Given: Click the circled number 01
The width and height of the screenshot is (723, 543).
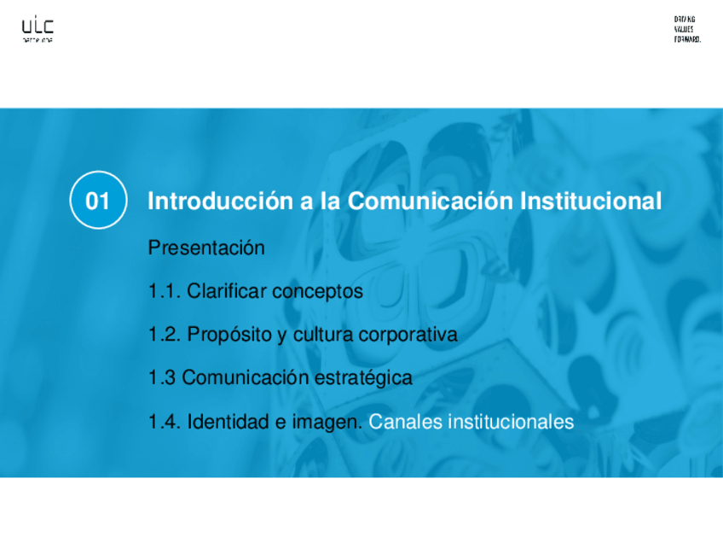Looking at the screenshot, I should (x=98, y=201).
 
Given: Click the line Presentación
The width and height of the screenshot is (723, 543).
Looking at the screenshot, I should (x=206, y=248).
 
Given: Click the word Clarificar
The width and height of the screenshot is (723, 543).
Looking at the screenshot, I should (x=227, y=291).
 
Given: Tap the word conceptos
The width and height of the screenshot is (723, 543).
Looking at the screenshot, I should (x=317, y=291).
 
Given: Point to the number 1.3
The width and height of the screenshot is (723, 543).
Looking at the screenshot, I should (x=161, y=377).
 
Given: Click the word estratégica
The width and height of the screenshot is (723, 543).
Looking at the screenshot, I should (x=368, y=377).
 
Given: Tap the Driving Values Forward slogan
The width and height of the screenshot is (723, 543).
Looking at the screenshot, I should (x=687, y=29).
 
